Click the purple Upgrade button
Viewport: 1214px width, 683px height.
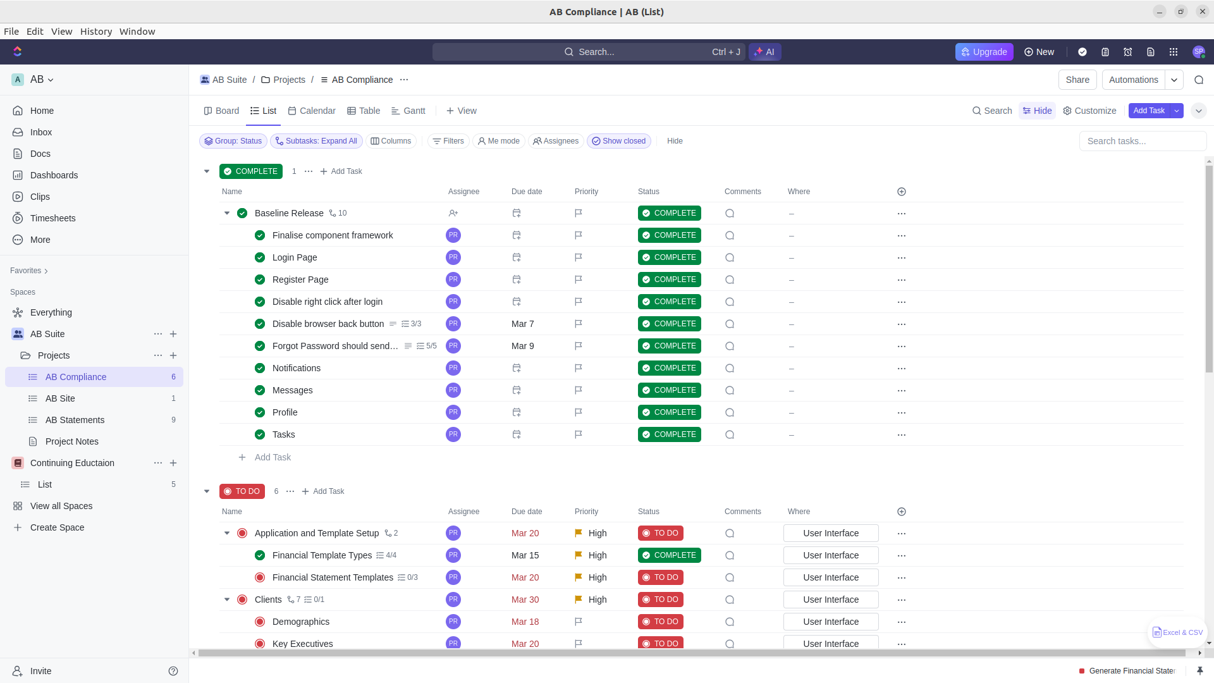point(984,52)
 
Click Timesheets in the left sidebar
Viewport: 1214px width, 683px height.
point(52,218)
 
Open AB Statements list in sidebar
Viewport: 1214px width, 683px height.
point(75,420)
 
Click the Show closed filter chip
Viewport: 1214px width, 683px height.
point(618,141)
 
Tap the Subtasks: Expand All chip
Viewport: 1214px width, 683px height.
point(316,141)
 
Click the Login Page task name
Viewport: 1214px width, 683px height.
point(295,257)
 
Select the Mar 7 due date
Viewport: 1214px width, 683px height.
point(522,324)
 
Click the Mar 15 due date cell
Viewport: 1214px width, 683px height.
point(525,555)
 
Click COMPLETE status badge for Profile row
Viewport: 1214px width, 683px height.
point(669,412)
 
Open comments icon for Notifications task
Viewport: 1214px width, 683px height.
point(730,368)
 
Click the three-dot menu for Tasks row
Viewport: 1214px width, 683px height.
point(901,434)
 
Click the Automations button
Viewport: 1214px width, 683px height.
point(1133,80)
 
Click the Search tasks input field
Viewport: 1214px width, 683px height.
point(1142,141)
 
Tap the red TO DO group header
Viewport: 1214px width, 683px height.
point(242,491)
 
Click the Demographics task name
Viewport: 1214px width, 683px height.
point(301,622)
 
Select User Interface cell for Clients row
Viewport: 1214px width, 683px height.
point(830,600)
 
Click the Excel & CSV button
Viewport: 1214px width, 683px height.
point(1177,632)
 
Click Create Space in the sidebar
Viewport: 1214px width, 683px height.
point(57,527)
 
